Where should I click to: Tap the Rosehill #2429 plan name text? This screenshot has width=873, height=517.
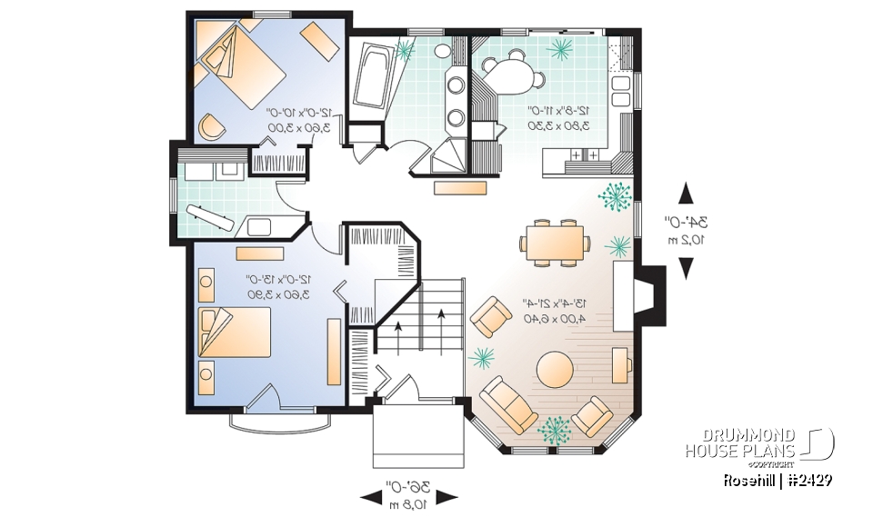point(778,480)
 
